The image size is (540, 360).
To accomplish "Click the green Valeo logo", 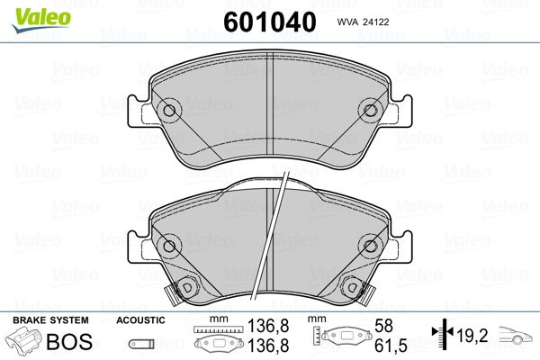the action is (x=41, y=20).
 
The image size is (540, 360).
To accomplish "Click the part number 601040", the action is (x=270, y=22).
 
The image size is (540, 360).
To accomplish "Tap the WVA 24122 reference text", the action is (x=363, y=22).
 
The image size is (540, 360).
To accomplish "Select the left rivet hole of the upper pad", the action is (x=169, y=111).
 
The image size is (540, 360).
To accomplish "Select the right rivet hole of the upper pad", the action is (x=370, y=111).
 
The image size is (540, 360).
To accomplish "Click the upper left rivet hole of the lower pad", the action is (x=169, y=246).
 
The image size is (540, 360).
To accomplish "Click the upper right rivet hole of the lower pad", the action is (x=370, y=246).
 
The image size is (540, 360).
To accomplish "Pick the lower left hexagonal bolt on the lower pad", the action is (x=186, y=286).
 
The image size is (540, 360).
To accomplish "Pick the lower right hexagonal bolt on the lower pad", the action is (x=352, y=286).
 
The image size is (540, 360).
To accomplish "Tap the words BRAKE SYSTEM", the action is (x=50, y=320).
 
